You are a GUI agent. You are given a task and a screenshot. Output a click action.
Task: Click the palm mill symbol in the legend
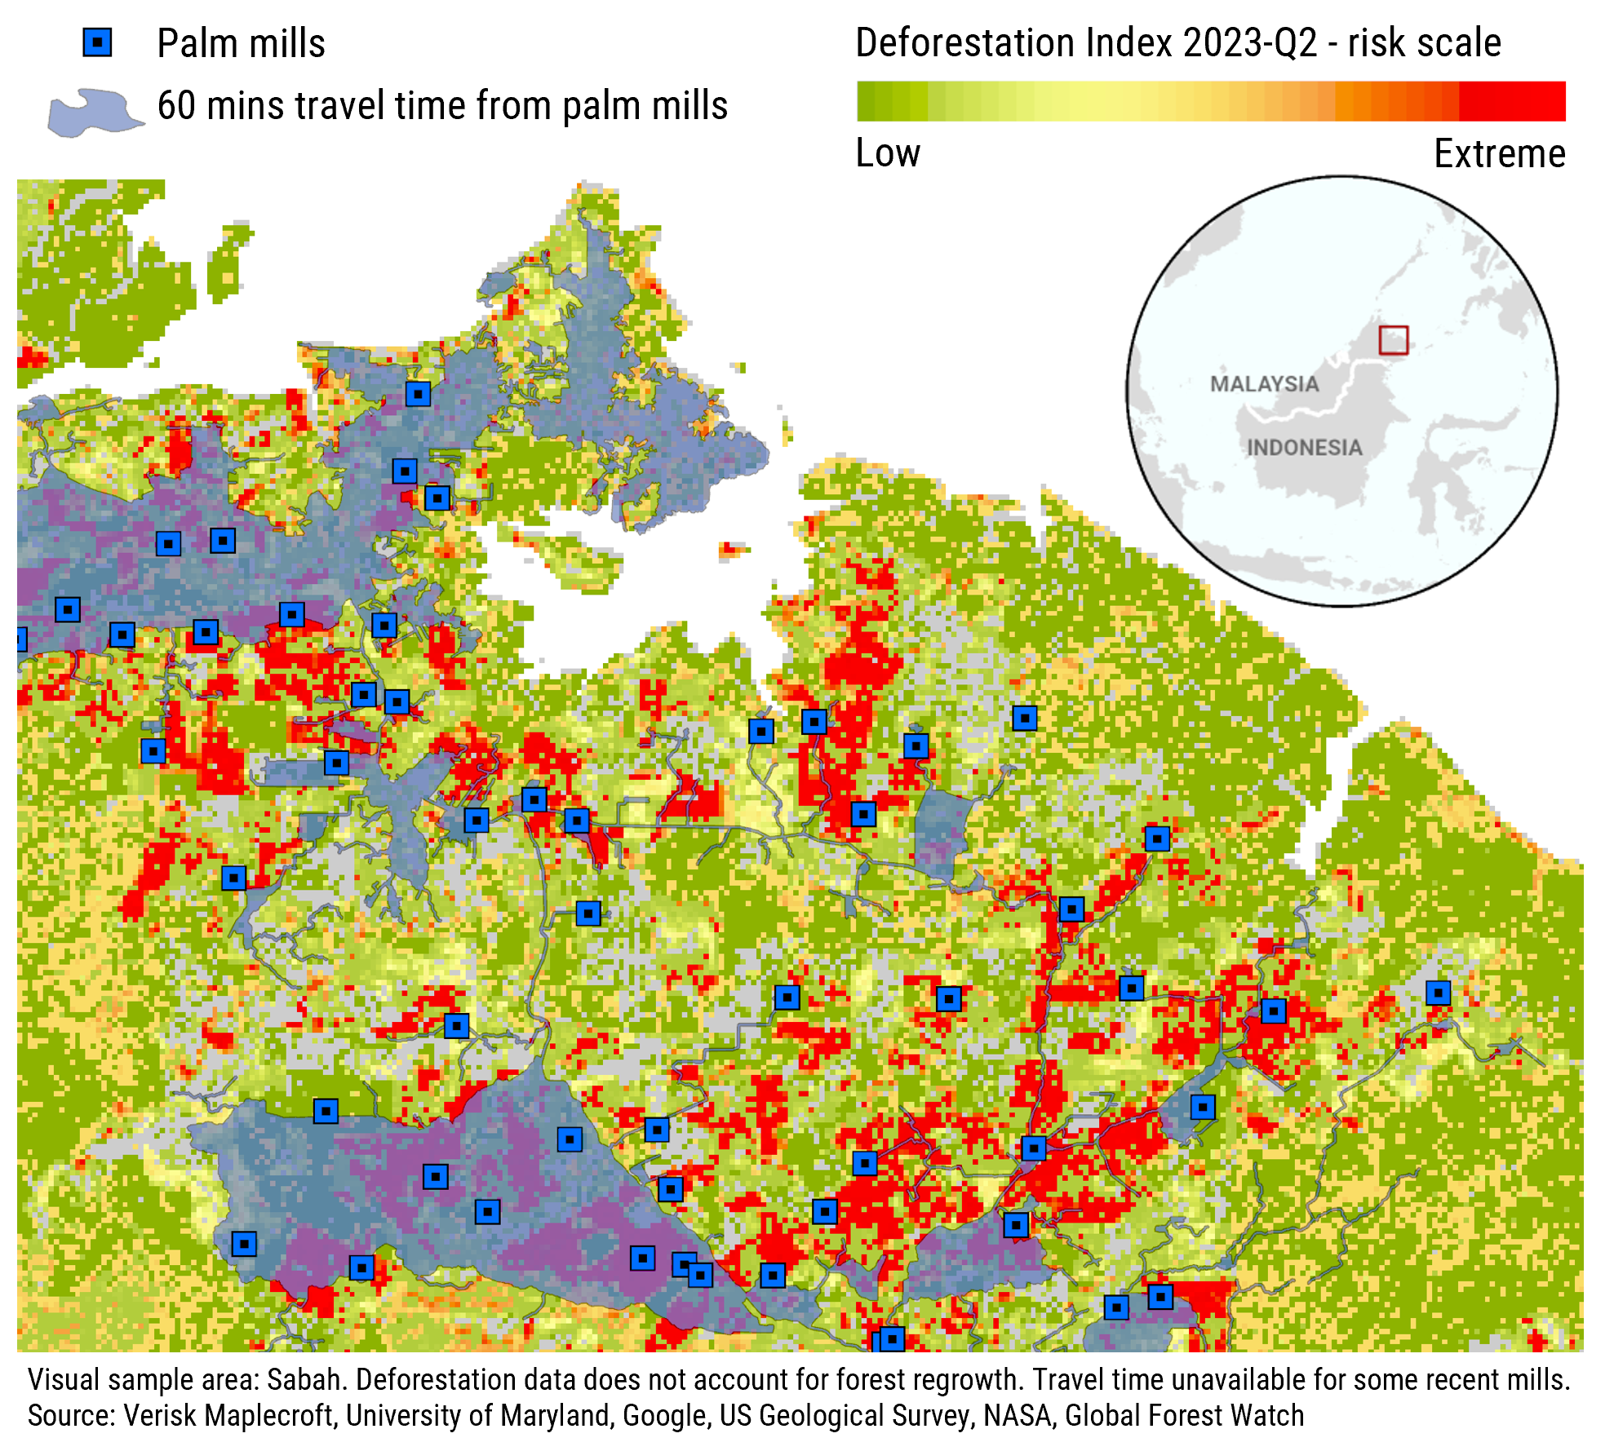(97, 42)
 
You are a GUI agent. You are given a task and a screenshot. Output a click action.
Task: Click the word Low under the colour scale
(888, 153)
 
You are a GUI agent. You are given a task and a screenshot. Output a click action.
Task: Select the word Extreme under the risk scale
(1499, 153)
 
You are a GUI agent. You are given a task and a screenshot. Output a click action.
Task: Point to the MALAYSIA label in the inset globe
(1264, 384)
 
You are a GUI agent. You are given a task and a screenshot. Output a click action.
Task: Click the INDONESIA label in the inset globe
(1304, 448)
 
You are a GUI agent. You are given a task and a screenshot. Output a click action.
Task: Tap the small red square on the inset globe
(1393, 340)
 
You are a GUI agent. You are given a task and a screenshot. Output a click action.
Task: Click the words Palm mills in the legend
(241, 43)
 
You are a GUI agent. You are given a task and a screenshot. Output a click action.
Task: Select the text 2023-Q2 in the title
(1250, 42)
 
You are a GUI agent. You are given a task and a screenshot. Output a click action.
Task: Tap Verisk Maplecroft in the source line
(228, 1415)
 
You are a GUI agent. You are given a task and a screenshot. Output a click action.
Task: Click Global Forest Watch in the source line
(1184, 1415)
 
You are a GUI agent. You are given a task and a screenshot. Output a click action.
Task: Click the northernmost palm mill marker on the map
(418, 395)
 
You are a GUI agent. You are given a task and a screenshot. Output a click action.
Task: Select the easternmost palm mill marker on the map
(1438, 993)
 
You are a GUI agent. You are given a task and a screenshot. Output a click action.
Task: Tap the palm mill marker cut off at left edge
(20, 639)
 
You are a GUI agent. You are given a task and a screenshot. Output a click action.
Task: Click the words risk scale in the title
(1424, 42)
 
